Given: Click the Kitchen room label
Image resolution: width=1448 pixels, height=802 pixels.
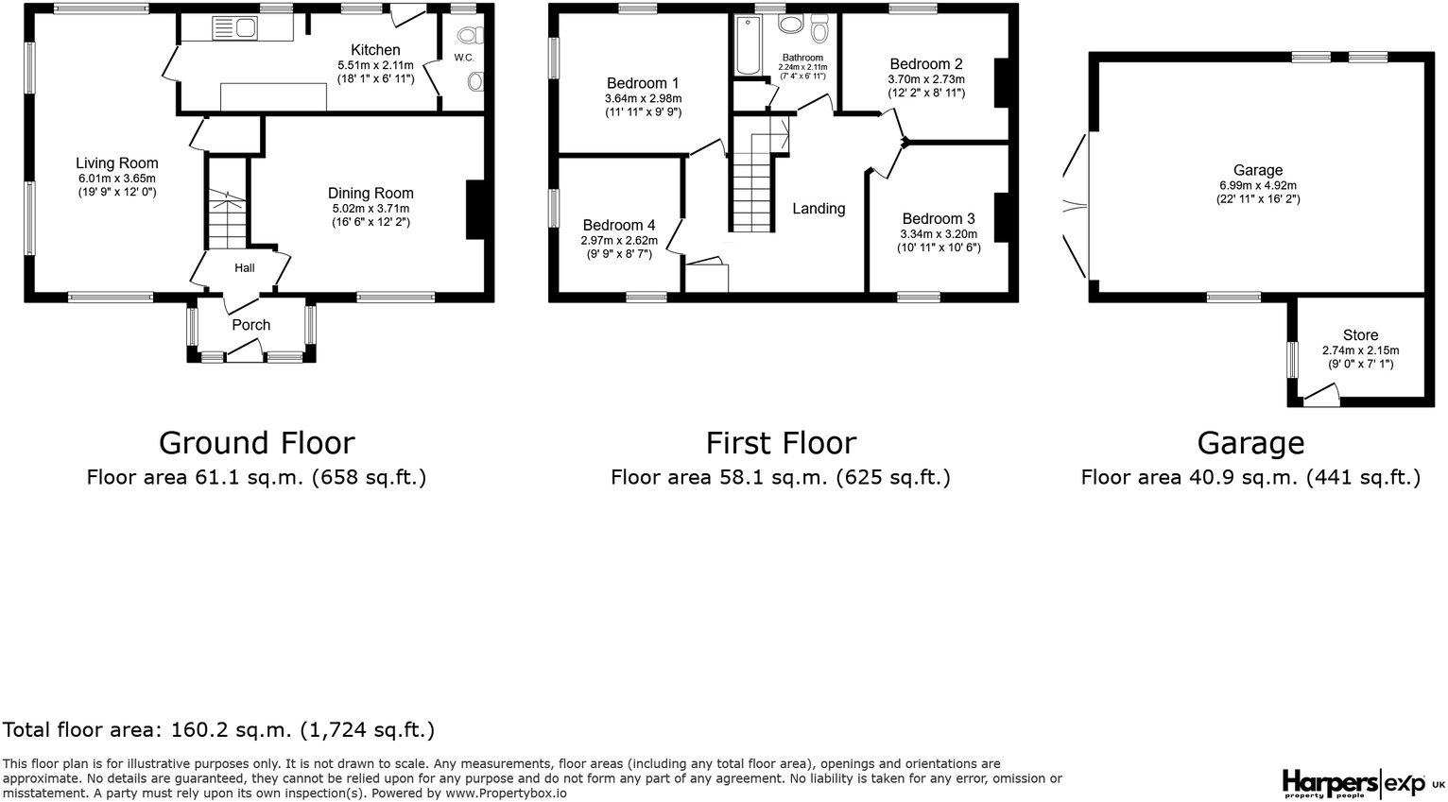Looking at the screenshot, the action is coord(375,50).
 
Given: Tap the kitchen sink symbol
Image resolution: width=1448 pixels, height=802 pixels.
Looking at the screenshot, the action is coord(234,27).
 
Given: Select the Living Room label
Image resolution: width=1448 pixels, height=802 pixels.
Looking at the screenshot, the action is coord(117,163).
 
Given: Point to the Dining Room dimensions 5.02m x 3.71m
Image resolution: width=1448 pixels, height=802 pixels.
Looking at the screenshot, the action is coord(371,209).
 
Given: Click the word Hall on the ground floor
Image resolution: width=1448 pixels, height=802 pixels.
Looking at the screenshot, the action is coord(245,267).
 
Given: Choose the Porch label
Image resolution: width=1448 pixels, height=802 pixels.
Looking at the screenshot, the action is coord(250,324).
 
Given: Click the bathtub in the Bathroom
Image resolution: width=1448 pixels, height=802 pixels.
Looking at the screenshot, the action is coord(749,45).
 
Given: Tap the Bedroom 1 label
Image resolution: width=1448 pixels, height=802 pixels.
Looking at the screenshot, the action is coord(643,83).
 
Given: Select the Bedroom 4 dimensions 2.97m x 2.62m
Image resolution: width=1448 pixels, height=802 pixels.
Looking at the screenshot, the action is coord(619,240).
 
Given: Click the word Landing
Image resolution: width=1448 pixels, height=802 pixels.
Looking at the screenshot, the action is coord(819,208).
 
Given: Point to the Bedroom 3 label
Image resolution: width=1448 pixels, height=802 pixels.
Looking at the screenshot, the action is coord(939,218).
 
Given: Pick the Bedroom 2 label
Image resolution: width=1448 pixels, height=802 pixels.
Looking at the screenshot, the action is coord(926,64).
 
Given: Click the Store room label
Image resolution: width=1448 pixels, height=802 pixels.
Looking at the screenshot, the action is coord(1361,334).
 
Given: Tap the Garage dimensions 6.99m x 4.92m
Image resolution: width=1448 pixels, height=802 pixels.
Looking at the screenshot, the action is coord(1258,185).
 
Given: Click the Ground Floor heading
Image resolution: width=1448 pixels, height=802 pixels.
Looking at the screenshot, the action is coord(257,443).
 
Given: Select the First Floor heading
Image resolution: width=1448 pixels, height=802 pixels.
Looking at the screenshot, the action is coord(781,443).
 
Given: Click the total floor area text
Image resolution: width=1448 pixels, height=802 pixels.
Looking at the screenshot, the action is coord(218,729).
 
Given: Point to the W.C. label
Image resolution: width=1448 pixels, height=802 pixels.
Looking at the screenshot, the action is coord(464,58).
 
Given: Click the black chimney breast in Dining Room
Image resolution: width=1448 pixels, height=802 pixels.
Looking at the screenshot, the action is coord(475,210).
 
